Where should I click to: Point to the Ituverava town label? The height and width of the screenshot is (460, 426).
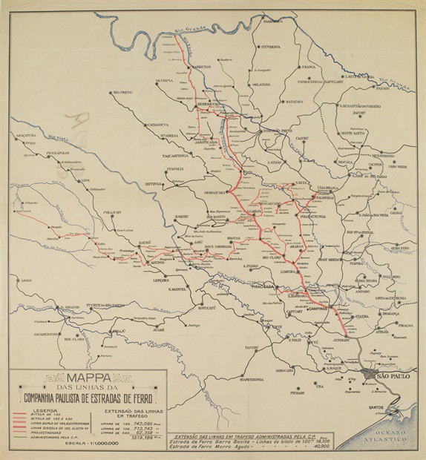(x=270, y=46)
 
